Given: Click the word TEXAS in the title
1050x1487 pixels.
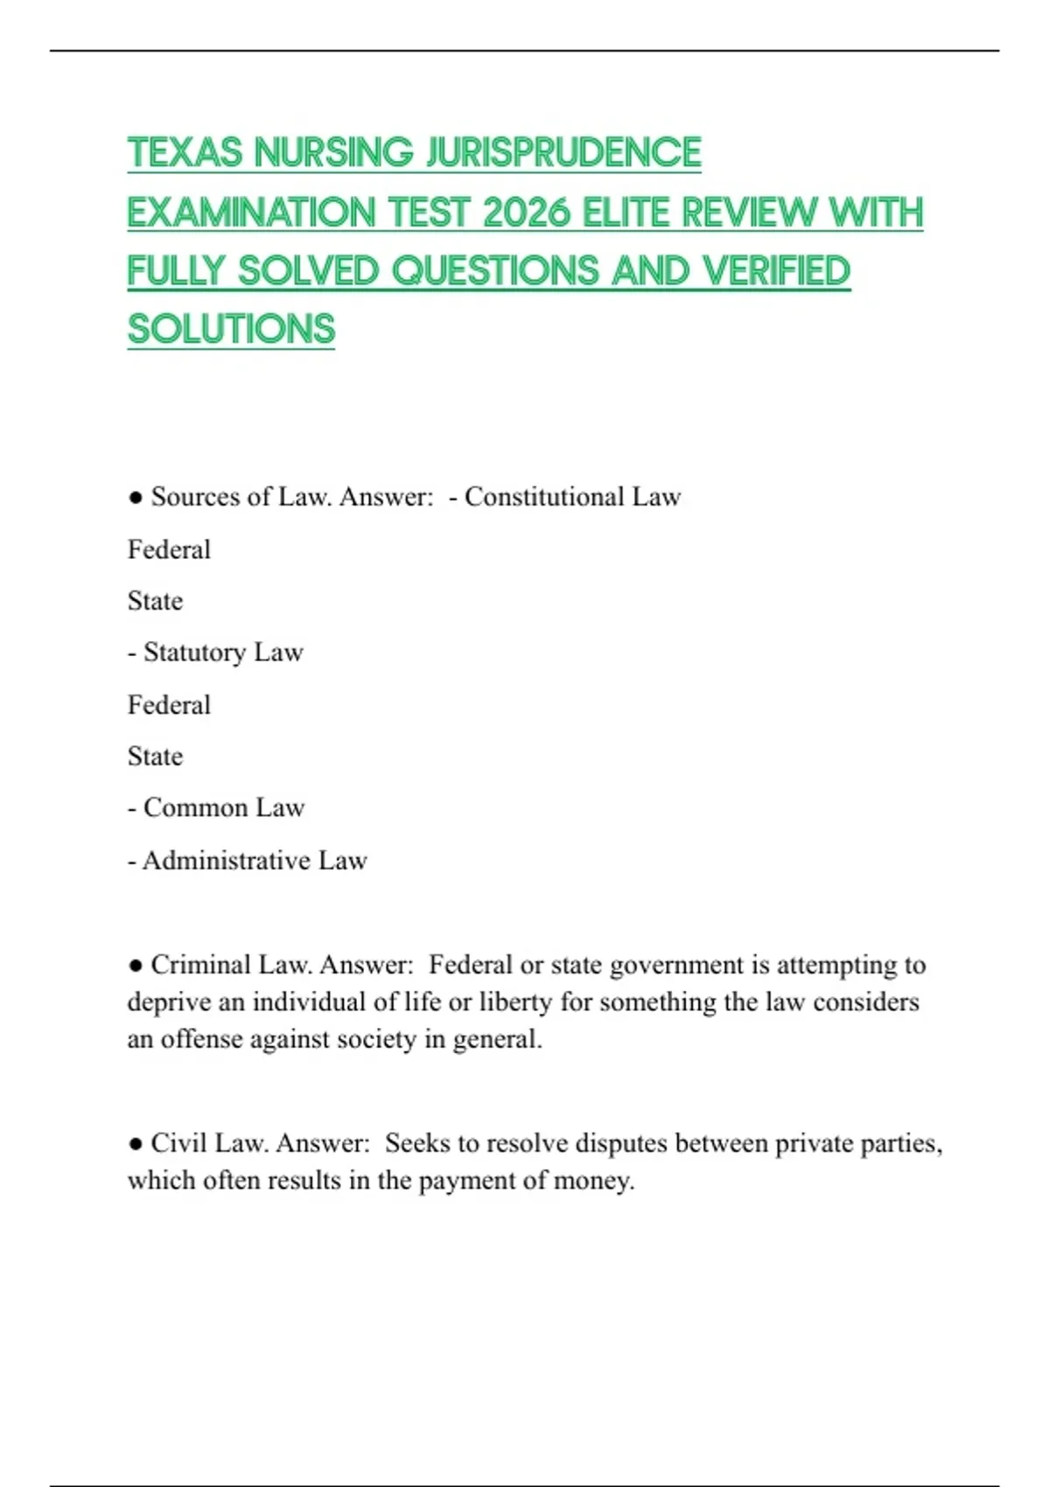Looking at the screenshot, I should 185,153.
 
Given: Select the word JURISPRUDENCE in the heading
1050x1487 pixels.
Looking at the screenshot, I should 563,153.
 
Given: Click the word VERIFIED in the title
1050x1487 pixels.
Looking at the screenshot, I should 776,271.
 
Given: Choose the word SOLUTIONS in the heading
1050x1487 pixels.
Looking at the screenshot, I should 231,330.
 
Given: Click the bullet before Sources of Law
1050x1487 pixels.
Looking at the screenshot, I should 135,498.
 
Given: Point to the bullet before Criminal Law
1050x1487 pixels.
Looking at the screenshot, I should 135,966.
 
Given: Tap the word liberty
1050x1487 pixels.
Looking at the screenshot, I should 516,1002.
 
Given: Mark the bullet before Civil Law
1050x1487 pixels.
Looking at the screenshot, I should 135,1144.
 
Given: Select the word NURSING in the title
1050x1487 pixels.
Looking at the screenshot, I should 333,153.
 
